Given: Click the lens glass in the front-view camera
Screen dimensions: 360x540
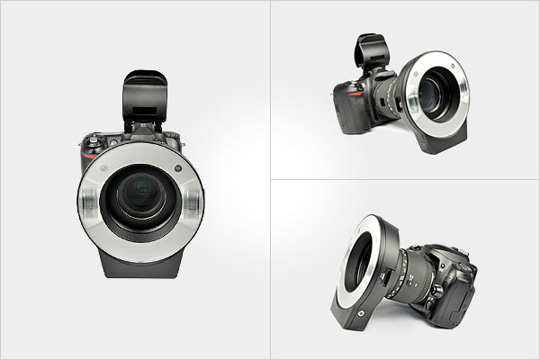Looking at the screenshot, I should [140, 199].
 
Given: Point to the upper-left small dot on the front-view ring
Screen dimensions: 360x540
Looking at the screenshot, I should [106, 168].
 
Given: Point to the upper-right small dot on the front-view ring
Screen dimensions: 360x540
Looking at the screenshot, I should [178, 167].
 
